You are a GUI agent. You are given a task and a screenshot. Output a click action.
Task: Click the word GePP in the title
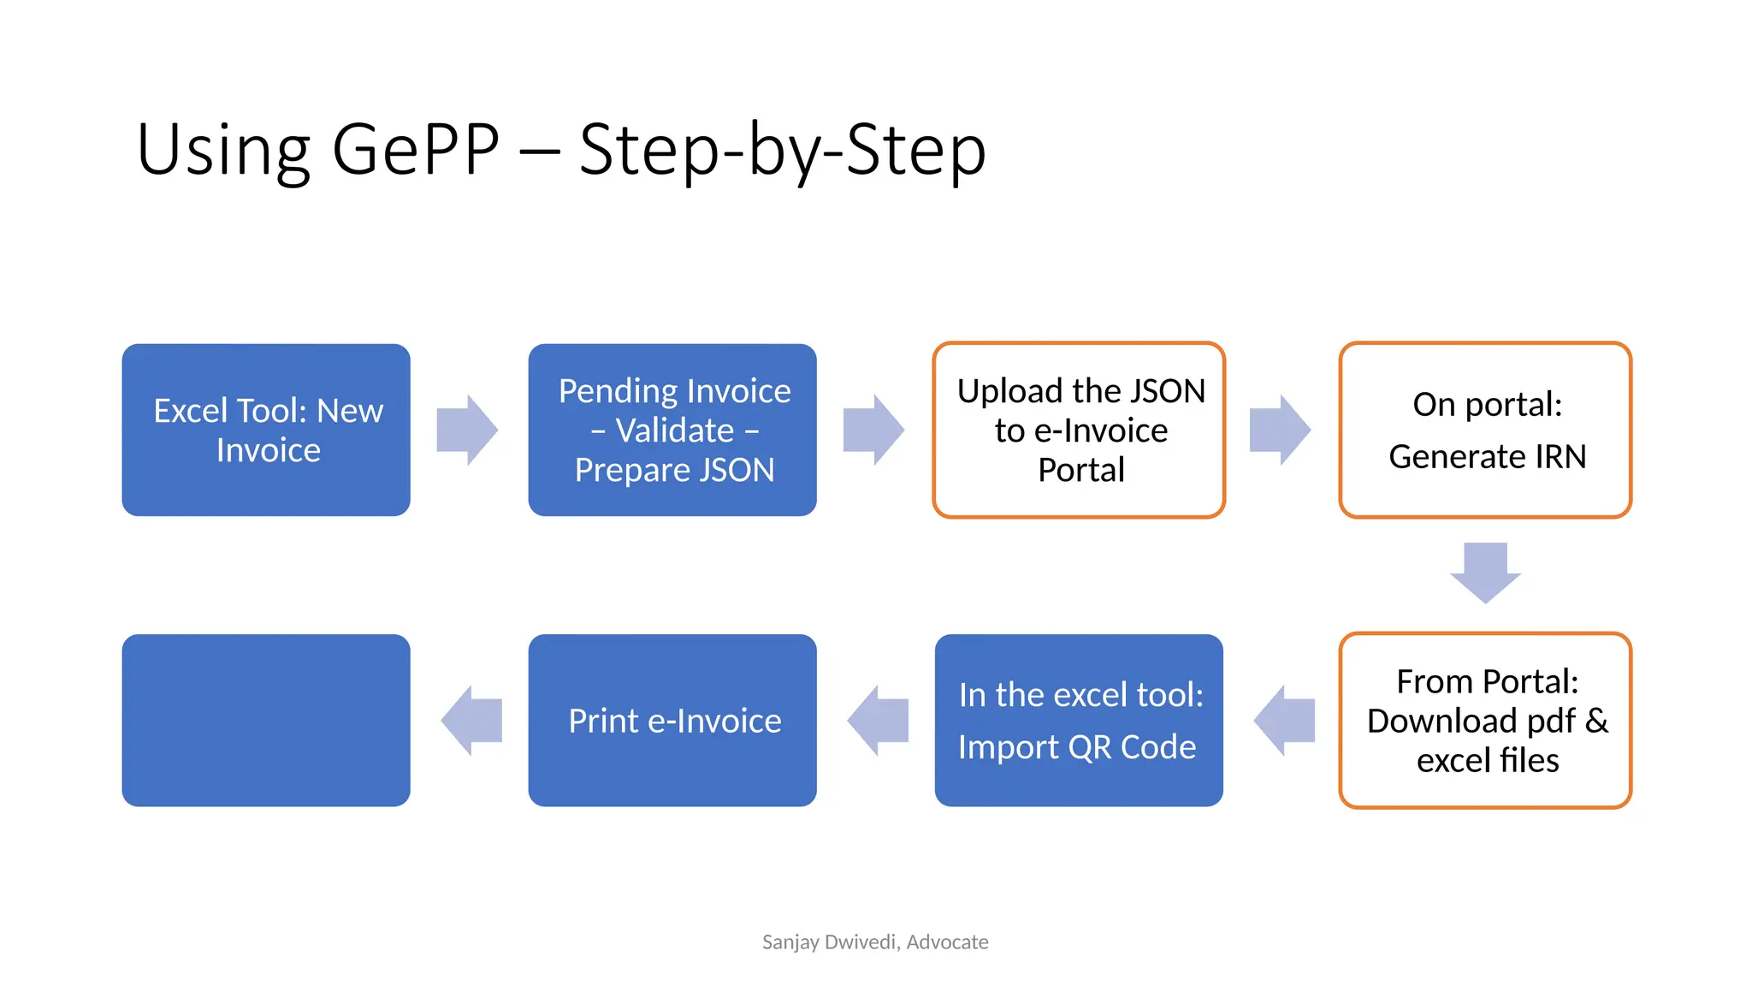click(416, 150)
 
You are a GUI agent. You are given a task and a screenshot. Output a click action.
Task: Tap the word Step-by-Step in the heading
click(782, 150)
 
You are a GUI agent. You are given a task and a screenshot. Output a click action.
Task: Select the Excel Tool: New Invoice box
click(266, 430)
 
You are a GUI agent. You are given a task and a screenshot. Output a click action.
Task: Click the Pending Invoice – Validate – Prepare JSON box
click(672, 430)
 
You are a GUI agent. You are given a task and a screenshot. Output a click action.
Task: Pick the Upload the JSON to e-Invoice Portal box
click(1079, 430)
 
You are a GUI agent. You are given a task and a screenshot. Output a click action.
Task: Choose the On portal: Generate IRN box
click(1485, 430)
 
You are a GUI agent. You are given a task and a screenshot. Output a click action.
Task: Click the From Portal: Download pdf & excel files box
click(1485, 721)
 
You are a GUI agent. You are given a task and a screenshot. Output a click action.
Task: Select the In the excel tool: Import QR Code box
click(1079, 721)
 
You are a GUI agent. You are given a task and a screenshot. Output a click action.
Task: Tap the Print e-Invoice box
click(672, 721)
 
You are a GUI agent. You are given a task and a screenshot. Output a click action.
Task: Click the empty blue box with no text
click(266, 721)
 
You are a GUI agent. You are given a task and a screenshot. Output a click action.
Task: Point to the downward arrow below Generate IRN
click(1485, 572)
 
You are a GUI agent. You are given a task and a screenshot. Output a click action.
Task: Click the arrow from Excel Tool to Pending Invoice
click(467, 430)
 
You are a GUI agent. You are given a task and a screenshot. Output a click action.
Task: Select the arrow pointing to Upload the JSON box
click(873, 430)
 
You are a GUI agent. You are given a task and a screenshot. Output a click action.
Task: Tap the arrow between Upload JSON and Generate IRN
click(1280, 430)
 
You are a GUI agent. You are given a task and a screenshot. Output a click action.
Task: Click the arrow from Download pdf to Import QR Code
click(1284, 721)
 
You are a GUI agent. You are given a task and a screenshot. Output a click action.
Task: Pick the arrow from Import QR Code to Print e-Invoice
click(878, 721)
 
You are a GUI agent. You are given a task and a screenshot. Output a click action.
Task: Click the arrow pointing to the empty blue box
click(471, 721)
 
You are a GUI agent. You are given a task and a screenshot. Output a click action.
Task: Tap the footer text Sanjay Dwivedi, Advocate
click(875, 942)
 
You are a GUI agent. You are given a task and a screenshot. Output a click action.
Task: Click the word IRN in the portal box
click(1560, 457)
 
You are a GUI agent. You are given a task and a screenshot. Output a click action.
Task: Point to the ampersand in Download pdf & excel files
click(1596, 721)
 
